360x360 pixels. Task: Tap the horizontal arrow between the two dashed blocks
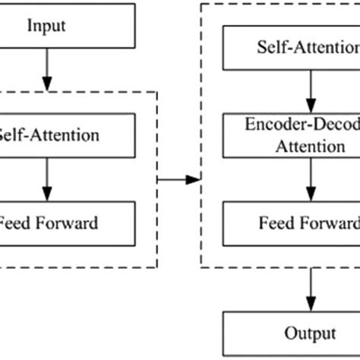pyautogui.click(x=178, y=179)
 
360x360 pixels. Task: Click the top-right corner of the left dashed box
pyautogui.click(x=156, y=93)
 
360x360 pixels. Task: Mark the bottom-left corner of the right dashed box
pyautogui.click(x=201, y=266)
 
